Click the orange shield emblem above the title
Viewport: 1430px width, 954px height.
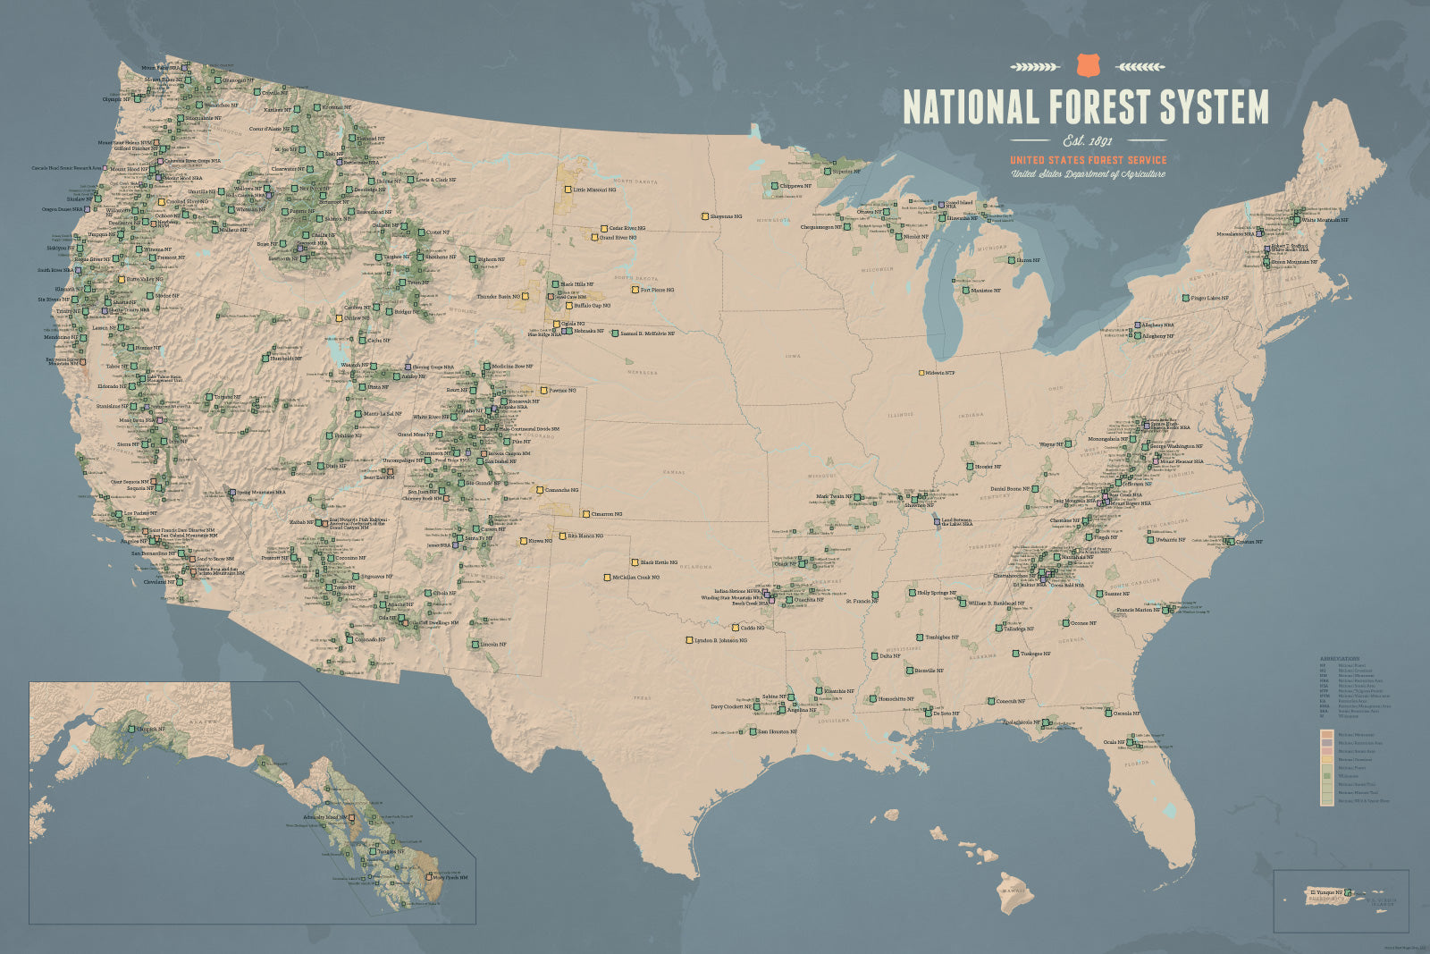[x=1088, y=65]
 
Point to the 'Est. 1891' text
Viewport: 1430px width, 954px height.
[x=1088, y=140]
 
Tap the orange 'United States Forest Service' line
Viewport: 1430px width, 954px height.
[x=1088, y=160]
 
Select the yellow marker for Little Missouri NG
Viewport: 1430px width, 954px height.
[x=568, y=190]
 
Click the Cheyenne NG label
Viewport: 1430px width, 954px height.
[x=725, y=216]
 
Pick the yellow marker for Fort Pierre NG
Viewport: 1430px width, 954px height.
[x=635, y=290]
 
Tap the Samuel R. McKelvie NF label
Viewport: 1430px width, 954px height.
[x=647, y=333]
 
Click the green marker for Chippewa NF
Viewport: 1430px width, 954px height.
[x=775, y=186]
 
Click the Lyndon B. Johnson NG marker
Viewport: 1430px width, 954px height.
[x=689, y=640]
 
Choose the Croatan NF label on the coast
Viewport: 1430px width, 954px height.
[x=1249, y=542]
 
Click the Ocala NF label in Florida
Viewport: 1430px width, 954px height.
[x=1114, y=742]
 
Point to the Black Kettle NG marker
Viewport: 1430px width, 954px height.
[x=635, y=562]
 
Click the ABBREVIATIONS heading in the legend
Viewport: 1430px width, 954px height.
[x=1339, y=659]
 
